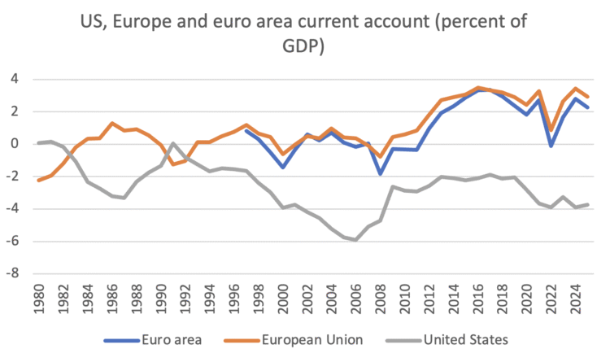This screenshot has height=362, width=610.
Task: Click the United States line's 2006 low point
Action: click(355, 240)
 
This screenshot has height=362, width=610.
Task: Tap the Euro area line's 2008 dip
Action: click(380, 173)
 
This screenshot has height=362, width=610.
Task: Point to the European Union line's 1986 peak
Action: click(112, 124)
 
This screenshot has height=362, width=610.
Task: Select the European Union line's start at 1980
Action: click(38, 180)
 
